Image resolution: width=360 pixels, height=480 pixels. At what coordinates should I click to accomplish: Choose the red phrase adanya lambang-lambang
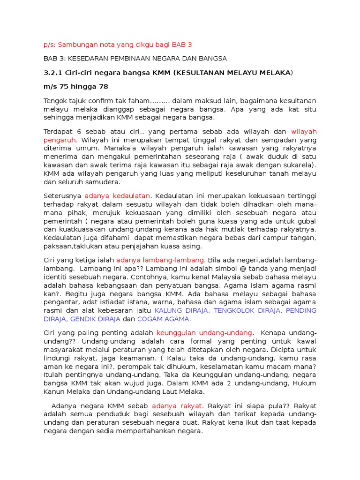point(160,260)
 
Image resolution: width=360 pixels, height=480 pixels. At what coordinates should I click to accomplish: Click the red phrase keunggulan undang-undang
point(204,332)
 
